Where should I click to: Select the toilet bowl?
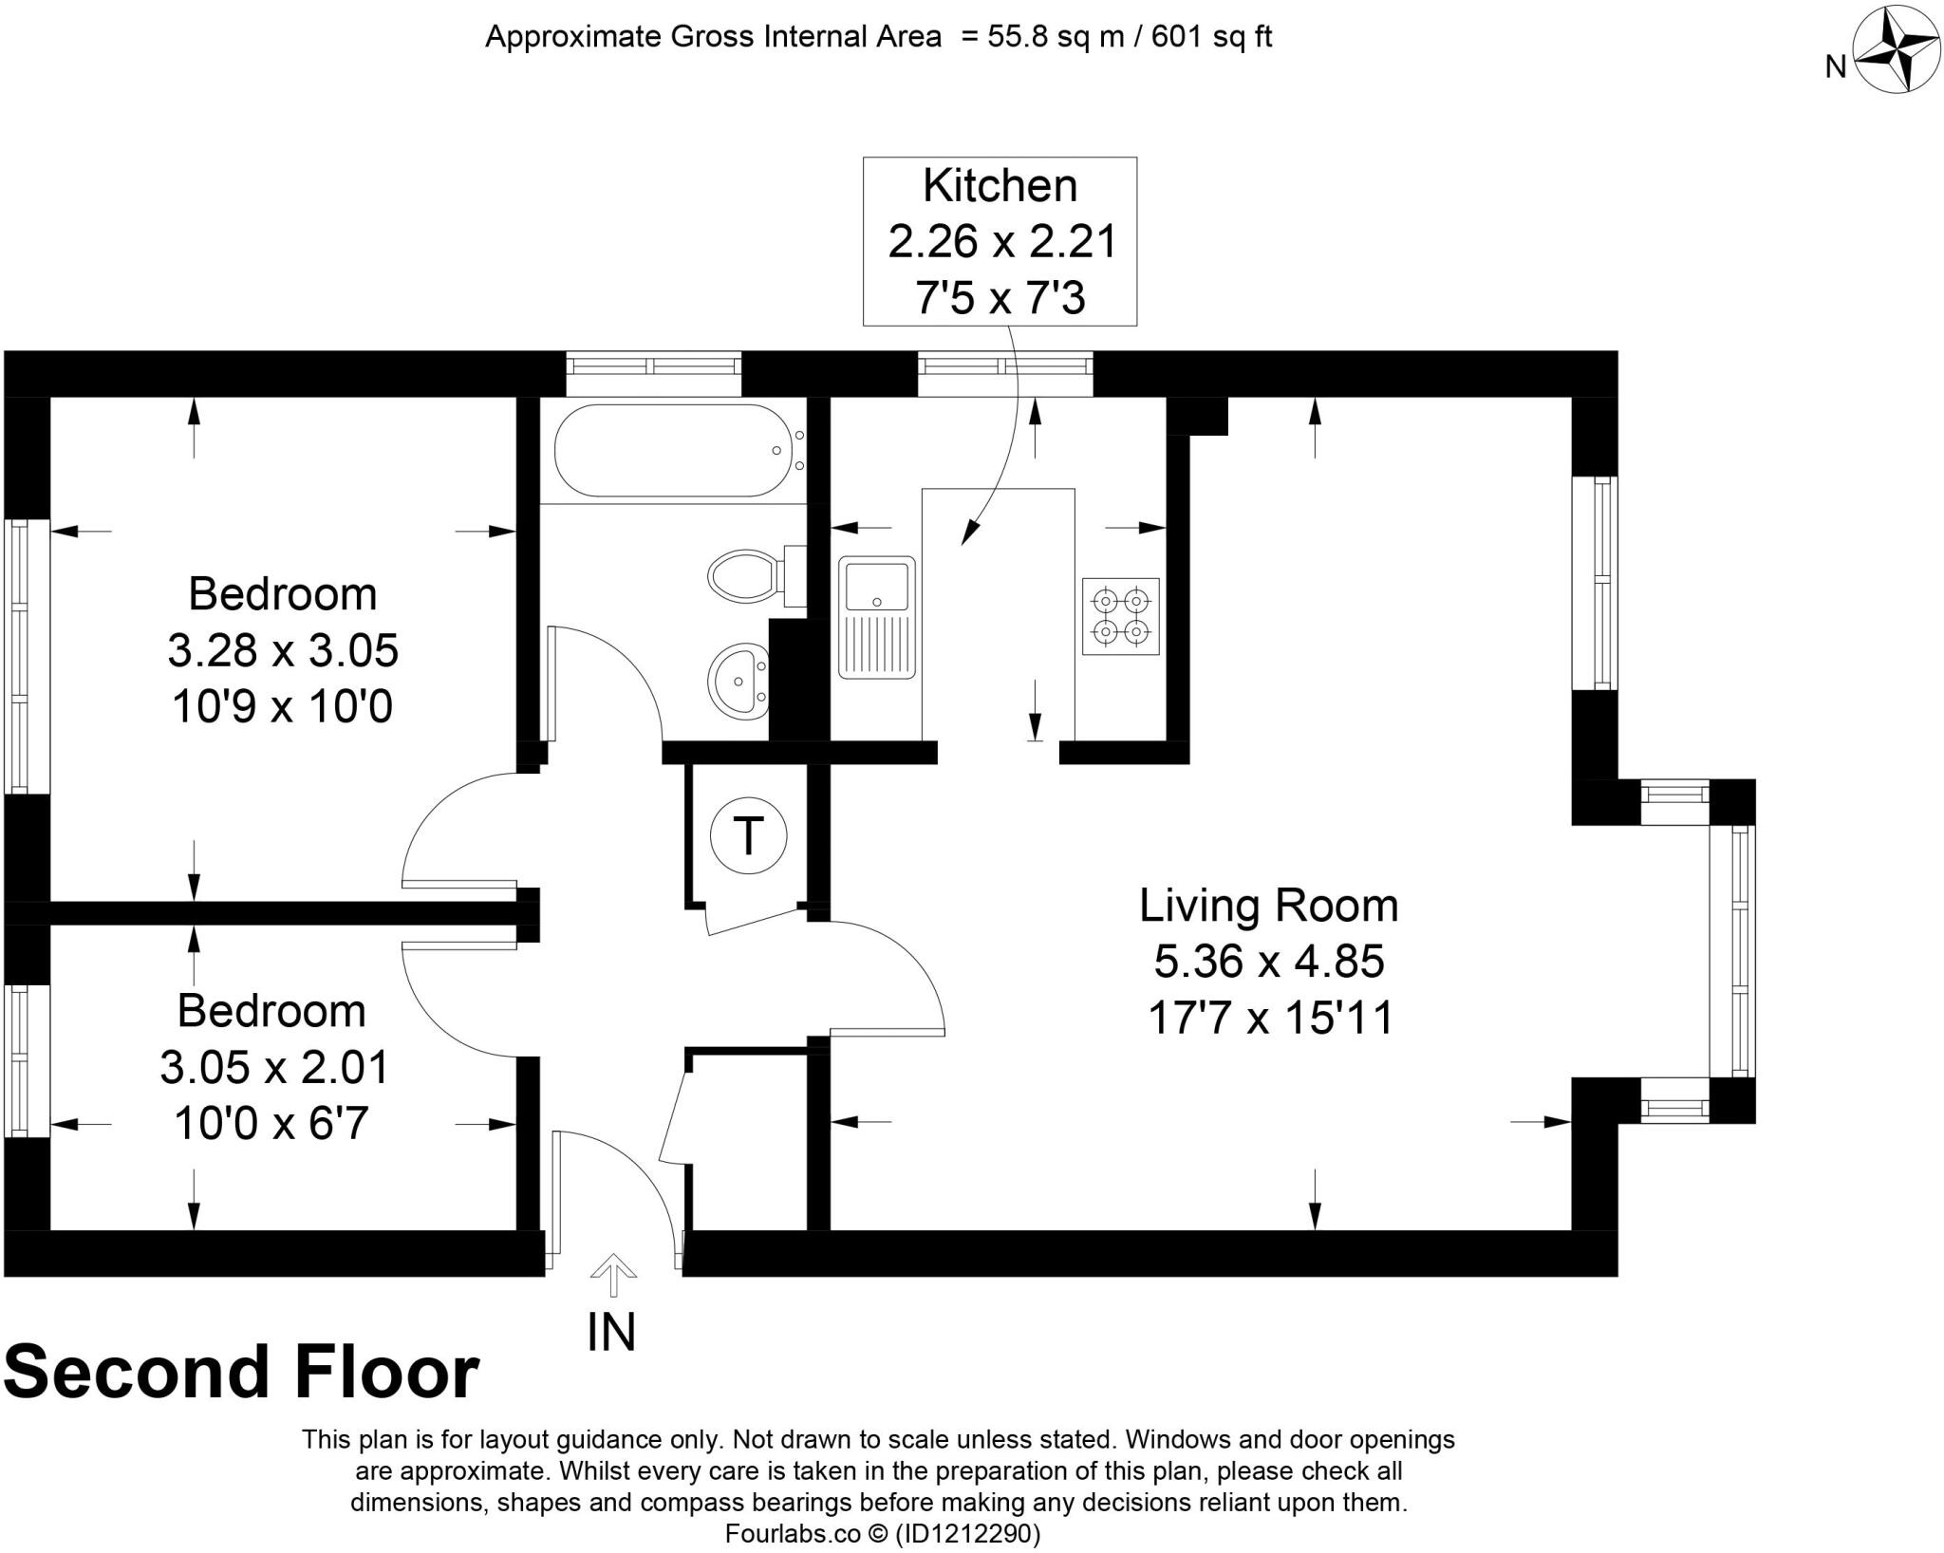click(745, 575)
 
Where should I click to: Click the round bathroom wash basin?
click(738, 680)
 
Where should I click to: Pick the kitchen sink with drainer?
click(876, 617)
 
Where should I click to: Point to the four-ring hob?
click(1121, 616)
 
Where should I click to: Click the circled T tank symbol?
click(749, 836)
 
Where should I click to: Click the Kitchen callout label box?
click(1000, 241)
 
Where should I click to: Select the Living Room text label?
click(1268, 906)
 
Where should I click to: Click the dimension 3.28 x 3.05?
click(283, 651)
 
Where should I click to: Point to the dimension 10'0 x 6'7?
click(271, 1125)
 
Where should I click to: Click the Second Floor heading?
click(241, 1373)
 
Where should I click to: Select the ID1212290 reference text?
click(968, 1534)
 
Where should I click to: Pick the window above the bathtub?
click(653, 373)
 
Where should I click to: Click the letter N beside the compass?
click(1836, 66)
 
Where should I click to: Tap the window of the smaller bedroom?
click(25, 1059)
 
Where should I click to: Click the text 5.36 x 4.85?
click(1268, 962)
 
